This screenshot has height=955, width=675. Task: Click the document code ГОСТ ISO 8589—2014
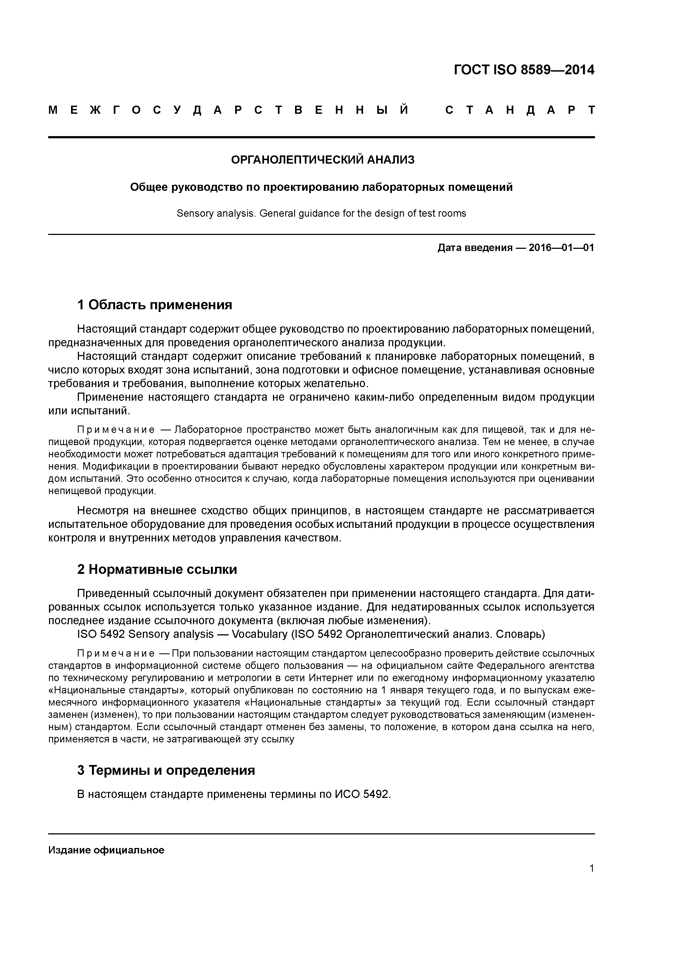click(524, 70)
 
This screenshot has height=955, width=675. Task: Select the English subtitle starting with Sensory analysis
click(321, 213)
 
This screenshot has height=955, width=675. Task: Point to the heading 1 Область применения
click(154, 305)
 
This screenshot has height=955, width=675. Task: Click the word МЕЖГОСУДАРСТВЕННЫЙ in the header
click(228, 110)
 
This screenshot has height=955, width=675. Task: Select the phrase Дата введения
click(475, 248)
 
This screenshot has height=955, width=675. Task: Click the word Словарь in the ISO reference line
click(520, 634)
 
